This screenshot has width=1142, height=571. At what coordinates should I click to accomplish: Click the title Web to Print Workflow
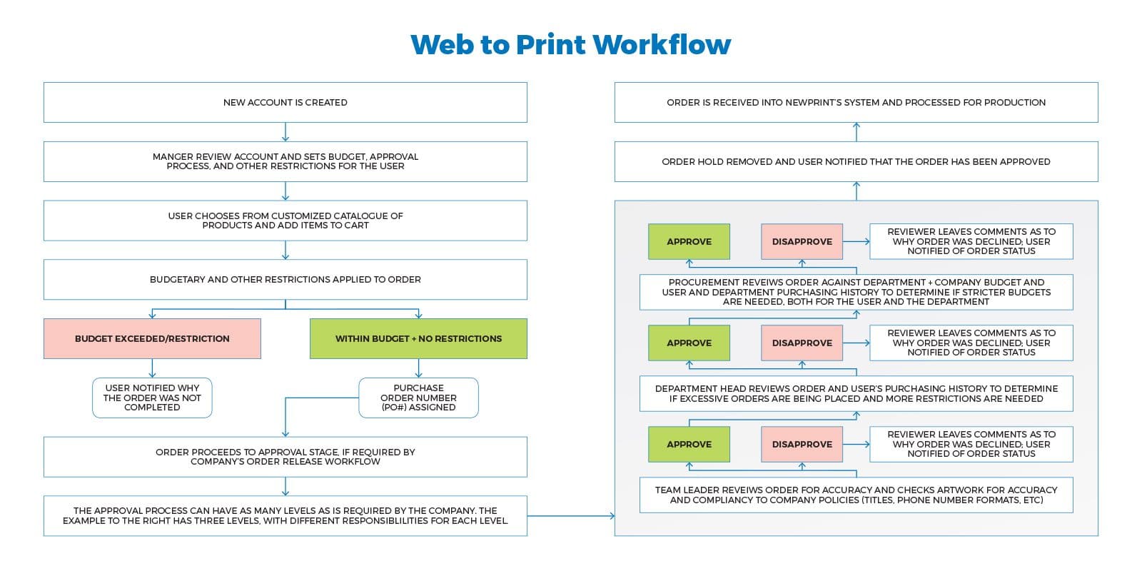pos(570,44)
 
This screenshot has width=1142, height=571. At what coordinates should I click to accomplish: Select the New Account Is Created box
pos(285,102)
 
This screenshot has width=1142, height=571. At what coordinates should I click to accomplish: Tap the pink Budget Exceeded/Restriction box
pos(152,338)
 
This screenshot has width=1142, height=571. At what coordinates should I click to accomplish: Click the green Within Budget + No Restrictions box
pos(418,338)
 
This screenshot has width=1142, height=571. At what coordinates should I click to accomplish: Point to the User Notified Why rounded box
pos(152,398)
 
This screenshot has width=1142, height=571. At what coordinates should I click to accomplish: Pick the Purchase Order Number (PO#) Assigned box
pos(418,398)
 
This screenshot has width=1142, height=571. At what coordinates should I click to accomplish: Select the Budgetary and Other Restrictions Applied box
pos(285,279)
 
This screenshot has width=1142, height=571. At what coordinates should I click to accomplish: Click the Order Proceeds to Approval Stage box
pos(285,457)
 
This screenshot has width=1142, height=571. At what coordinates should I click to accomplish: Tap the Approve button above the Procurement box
pos(689,241)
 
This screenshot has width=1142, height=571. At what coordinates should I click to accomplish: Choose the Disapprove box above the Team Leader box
pos(802,444)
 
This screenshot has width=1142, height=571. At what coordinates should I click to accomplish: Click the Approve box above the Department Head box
pos(689,343)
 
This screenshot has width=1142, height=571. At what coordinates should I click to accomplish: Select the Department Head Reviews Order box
pos(856,393)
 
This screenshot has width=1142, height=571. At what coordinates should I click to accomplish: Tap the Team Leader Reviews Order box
pos(856,495)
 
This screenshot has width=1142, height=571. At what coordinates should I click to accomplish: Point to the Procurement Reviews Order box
pos(856,292)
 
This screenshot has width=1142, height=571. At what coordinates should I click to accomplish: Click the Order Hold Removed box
pos(856,161)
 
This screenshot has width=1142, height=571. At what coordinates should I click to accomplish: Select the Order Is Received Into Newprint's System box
pos(856,102)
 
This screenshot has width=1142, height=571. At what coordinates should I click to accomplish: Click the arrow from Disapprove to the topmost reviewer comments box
pos(856,241)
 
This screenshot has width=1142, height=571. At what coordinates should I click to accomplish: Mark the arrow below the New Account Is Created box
pos(285,132)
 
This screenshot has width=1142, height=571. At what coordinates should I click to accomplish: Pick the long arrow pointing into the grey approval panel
pos(571,515)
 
